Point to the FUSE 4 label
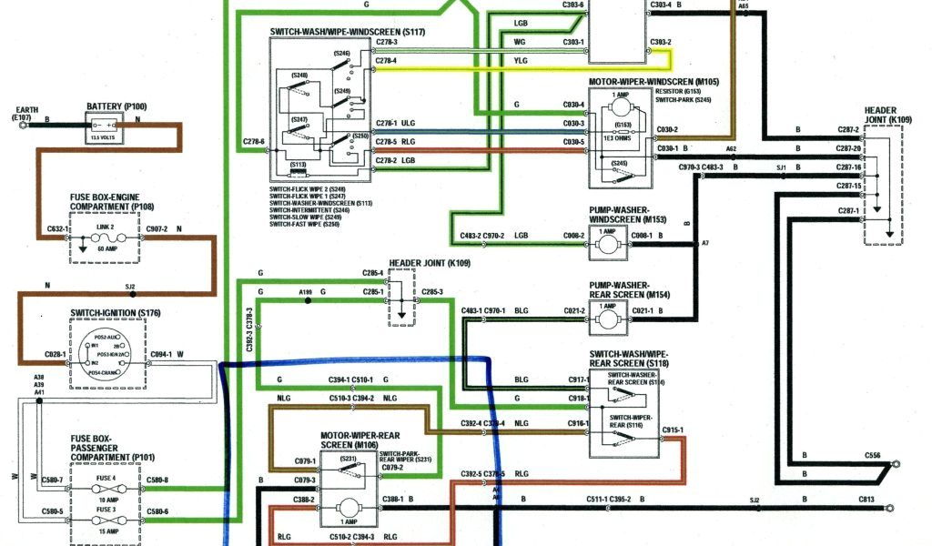(106, 478)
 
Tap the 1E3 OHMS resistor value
(623, 134)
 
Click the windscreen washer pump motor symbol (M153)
(604, 239)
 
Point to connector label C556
(872, 454)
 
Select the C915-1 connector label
(673, 430)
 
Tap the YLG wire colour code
(520, 62)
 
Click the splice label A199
(305, 292)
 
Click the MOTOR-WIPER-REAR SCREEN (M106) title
(360, 440)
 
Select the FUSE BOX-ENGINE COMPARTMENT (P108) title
(114, 201)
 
